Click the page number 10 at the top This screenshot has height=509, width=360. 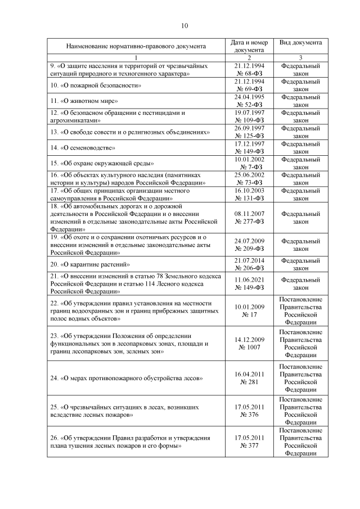tap(184, 25)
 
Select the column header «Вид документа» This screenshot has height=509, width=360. tap(301, 42)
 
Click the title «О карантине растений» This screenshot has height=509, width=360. tap(92, 264)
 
